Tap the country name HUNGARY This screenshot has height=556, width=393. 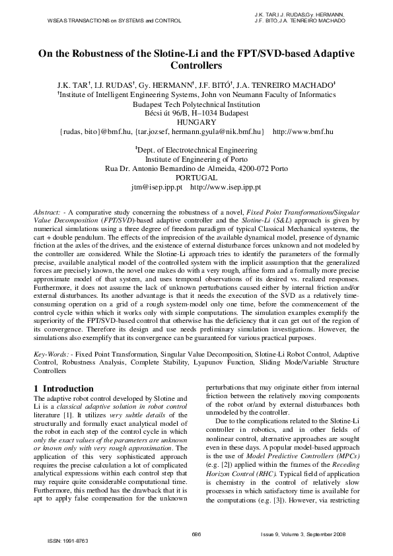[197, 122]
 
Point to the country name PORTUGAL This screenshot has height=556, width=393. [197, 178]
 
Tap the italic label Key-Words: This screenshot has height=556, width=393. [52, 355]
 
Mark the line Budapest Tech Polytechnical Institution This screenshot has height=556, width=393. [197, 104]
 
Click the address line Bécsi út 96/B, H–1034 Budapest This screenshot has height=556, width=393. [197, 113]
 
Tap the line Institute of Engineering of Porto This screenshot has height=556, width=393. [197, 160]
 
